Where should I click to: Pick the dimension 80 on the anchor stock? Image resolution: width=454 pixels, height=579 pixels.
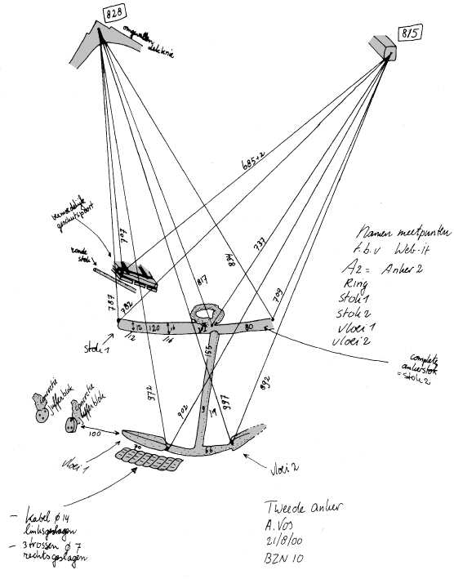coord(248,327)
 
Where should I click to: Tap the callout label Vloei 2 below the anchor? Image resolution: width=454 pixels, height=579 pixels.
coord(284,470)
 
